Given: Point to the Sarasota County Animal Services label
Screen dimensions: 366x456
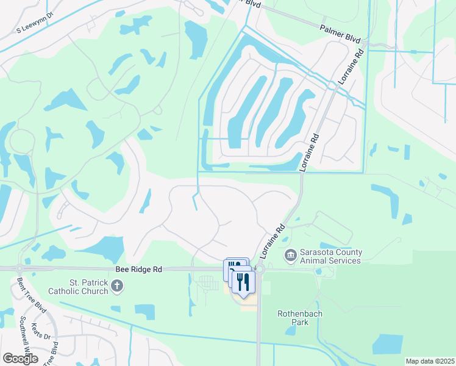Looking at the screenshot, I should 330,256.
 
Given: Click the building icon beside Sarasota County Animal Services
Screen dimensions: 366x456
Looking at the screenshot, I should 290,254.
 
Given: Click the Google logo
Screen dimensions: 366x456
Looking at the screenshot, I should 20,359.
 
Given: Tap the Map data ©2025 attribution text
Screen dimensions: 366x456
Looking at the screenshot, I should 429,361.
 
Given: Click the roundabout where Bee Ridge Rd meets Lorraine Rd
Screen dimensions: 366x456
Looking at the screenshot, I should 258,269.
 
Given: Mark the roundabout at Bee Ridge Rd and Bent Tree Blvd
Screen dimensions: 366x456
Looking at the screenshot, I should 20,268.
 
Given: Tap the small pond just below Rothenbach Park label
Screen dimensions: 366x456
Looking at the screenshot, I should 290,331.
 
